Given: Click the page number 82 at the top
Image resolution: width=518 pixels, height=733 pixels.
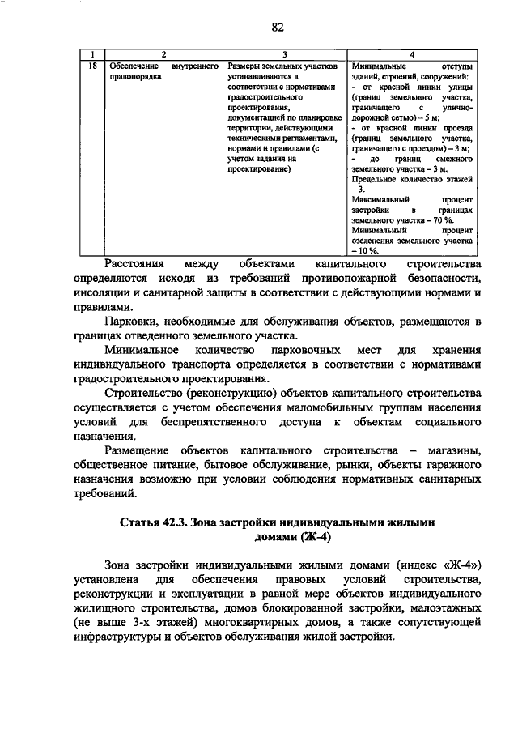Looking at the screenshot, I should coord(277,28).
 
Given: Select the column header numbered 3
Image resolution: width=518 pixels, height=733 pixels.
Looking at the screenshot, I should coord(284,53).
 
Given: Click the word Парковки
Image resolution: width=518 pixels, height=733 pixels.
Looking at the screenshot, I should coord(133,322).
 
